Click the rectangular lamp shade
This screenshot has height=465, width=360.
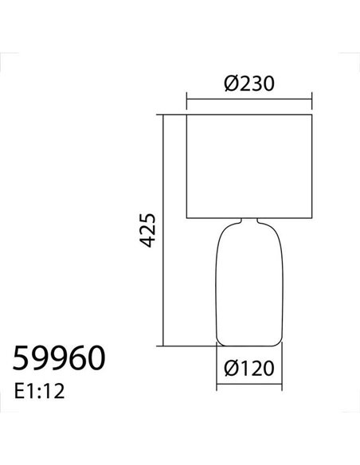tap(250, 166)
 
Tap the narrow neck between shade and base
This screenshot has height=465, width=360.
tap(249, 221)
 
